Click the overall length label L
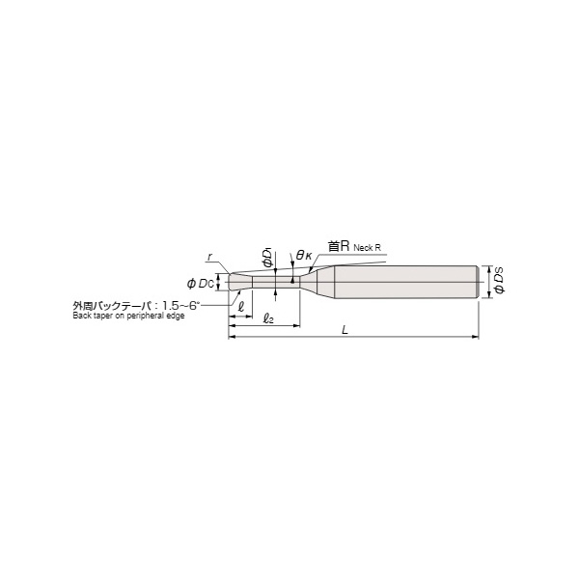345,330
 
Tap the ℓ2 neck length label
268,318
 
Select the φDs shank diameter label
499,282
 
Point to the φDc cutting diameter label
201,284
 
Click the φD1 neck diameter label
267,258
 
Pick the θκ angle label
304,255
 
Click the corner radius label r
209,257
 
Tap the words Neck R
367,248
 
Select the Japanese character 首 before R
334,246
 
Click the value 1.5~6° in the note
181,305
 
